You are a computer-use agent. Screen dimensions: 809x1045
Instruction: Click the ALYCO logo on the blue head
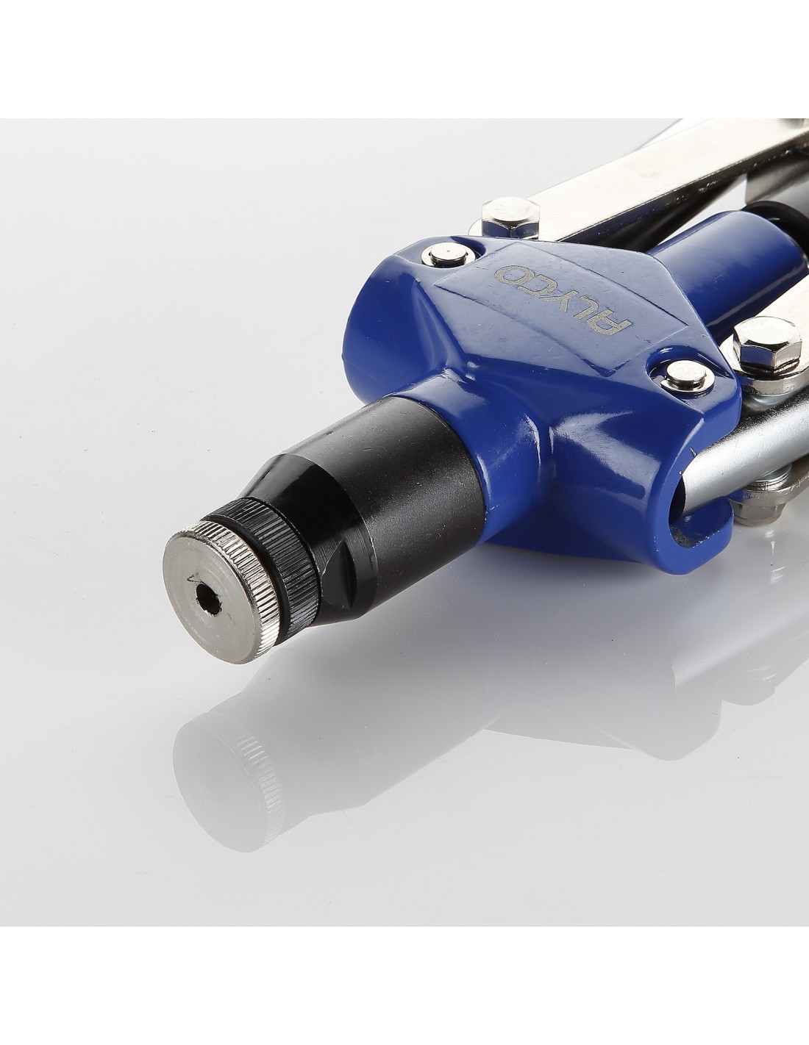tap(563, 299)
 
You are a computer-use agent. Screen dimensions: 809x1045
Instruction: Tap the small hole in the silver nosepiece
tap(208, 602)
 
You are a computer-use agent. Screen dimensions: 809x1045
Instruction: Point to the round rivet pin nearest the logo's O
tap(449, 254)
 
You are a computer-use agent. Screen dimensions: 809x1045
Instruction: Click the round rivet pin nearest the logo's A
tap(687, 376)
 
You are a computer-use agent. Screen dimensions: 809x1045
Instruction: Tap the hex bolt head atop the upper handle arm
tap(510, 216)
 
